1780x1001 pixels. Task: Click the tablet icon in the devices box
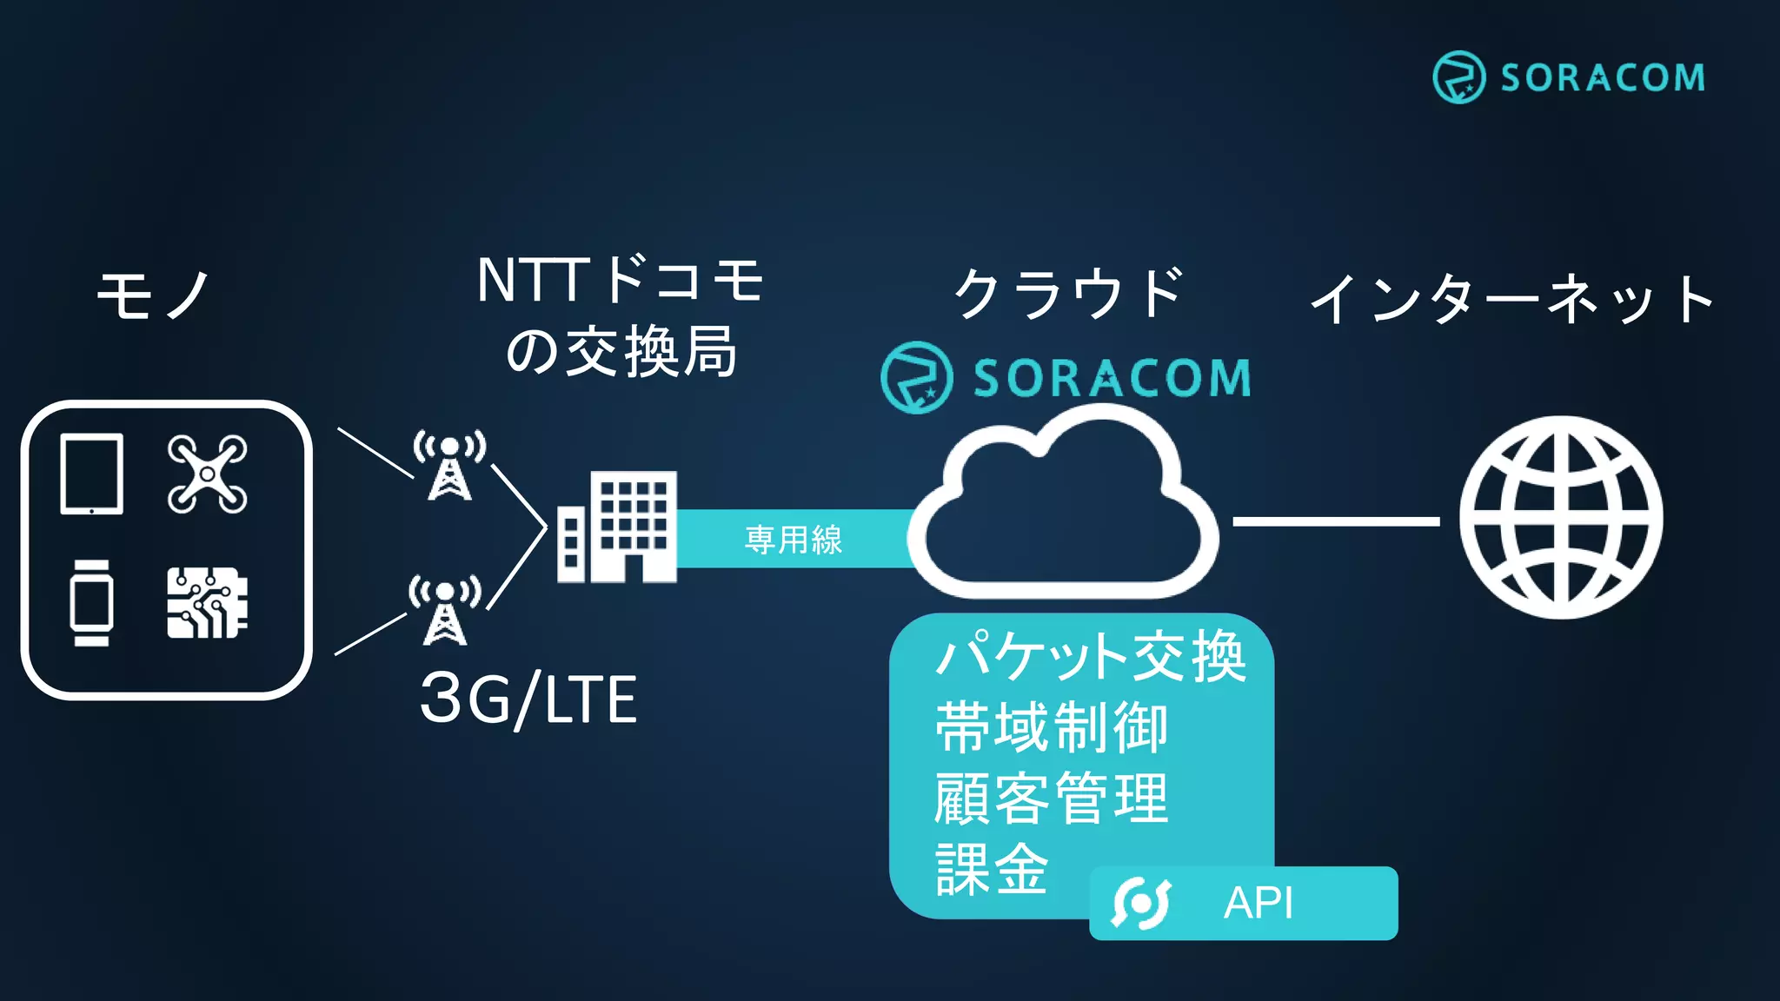point(91,474)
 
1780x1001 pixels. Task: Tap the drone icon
point(207,474)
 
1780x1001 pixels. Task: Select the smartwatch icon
point(91,603)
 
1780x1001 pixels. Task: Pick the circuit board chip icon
point(207,603)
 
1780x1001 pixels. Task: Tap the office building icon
point(617,527)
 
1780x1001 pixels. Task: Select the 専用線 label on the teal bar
point(794,540)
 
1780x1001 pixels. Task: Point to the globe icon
point(1561,518)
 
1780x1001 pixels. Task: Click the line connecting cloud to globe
point(1336,521)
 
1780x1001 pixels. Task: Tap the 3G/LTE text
point(528,699)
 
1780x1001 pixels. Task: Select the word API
point(1259,903)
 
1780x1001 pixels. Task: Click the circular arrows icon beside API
point(1141,903)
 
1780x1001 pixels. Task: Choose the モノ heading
point(154,295)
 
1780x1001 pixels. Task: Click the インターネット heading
point(1512,298)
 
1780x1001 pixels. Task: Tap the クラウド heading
point(1069,293)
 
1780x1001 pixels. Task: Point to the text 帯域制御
point(1052,728)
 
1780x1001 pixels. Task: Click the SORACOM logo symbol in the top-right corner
point(1458,77)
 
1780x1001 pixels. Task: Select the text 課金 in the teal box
point(992,869)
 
